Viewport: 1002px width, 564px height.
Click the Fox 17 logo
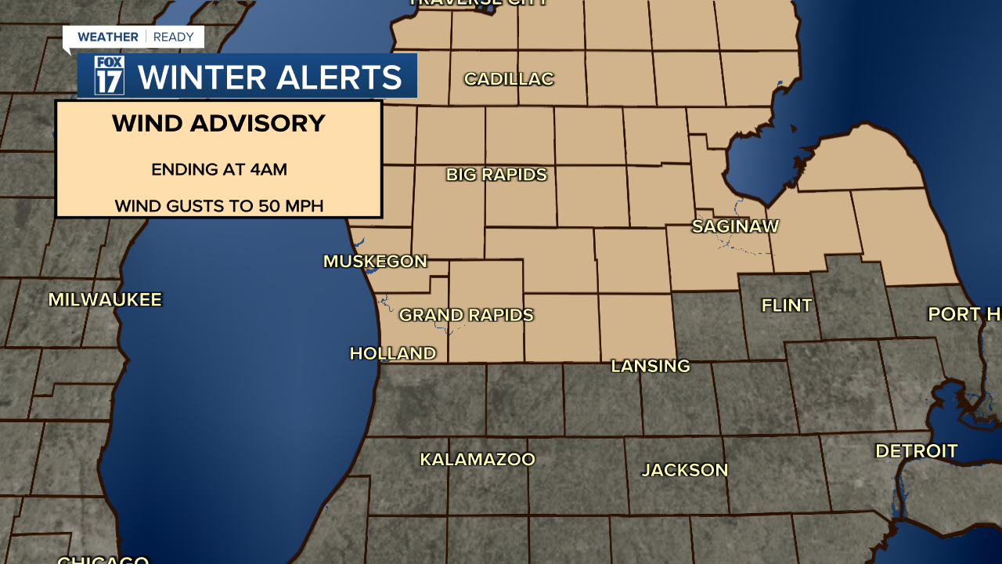[109, 76]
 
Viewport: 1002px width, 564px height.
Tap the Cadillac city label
[509, 79]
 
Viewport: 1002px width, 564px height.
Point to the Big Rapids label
[496, 175]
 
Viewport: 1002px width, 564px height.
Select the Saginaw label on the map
[735, 226]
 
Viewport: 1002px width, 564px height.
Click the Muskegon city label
[375, 262]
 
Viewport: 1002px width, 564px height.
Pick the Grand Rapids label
[466, 315]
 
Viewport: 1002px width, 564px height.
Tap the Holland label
[392, 353]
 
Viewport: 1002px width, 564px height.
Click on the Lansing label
[650, 366]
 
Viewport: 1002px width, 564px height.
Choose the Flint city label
[787, 305]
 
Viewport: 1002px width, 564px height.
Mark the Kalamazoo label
[478, 459]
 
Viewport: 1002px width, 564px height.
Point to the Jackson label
[685, 470]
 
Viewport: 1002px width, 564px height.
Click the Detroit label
[916, 451]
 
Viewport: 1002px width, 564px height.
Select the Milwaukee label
[105, 299]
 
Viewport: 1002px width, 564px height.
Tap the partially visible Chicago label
[103, 559]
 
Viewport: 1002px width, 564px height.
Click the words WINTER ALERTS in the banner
[269, 77]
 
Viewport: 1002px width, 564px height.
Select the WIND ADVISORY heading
[218, 124]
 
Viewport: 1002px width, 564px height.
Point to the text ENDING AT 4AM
[219, 169]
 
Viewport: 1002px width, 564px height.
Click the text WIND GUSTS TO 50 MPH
[219, 206]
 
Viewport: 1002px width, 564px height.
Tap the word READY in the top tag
[174, 37]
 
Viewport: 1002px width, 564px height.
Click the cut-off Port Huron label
[964, 314]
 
